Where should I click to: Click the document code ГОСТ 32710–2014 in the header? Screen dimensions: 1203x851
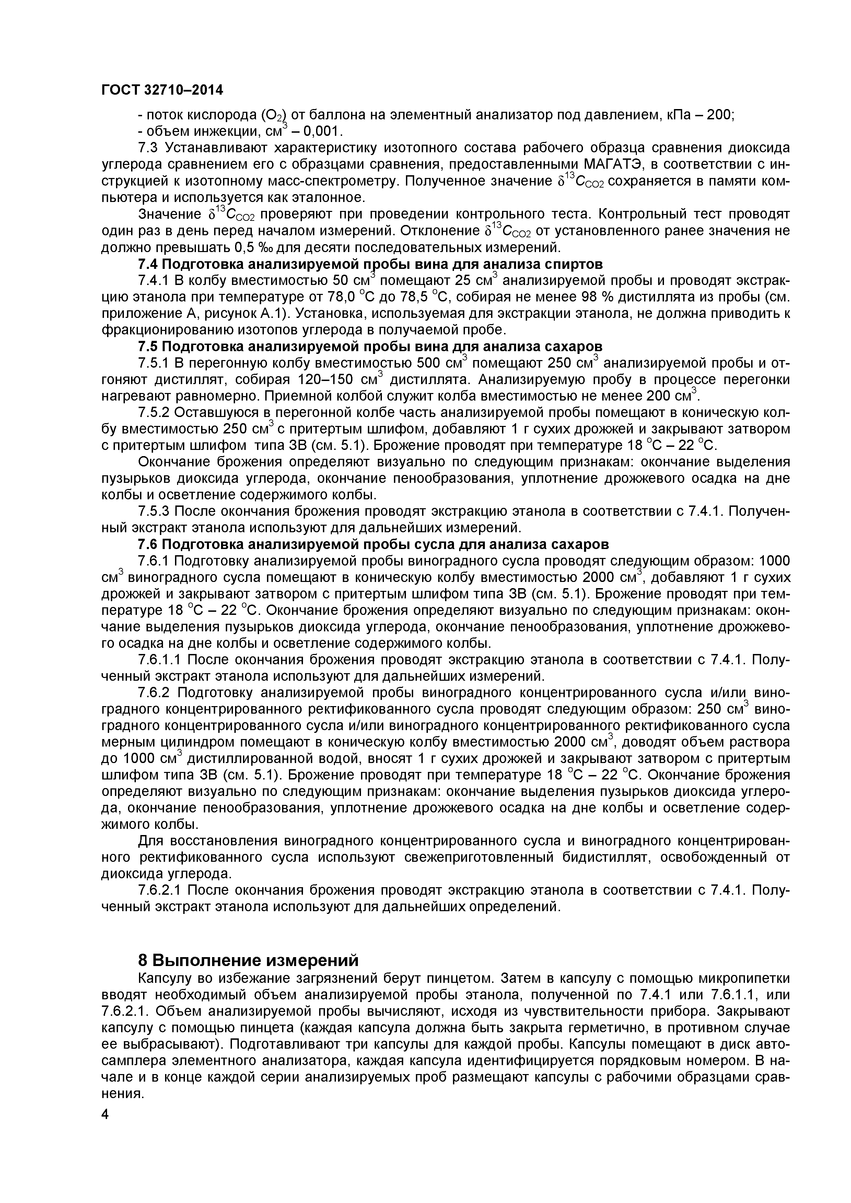click(162, 91)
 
